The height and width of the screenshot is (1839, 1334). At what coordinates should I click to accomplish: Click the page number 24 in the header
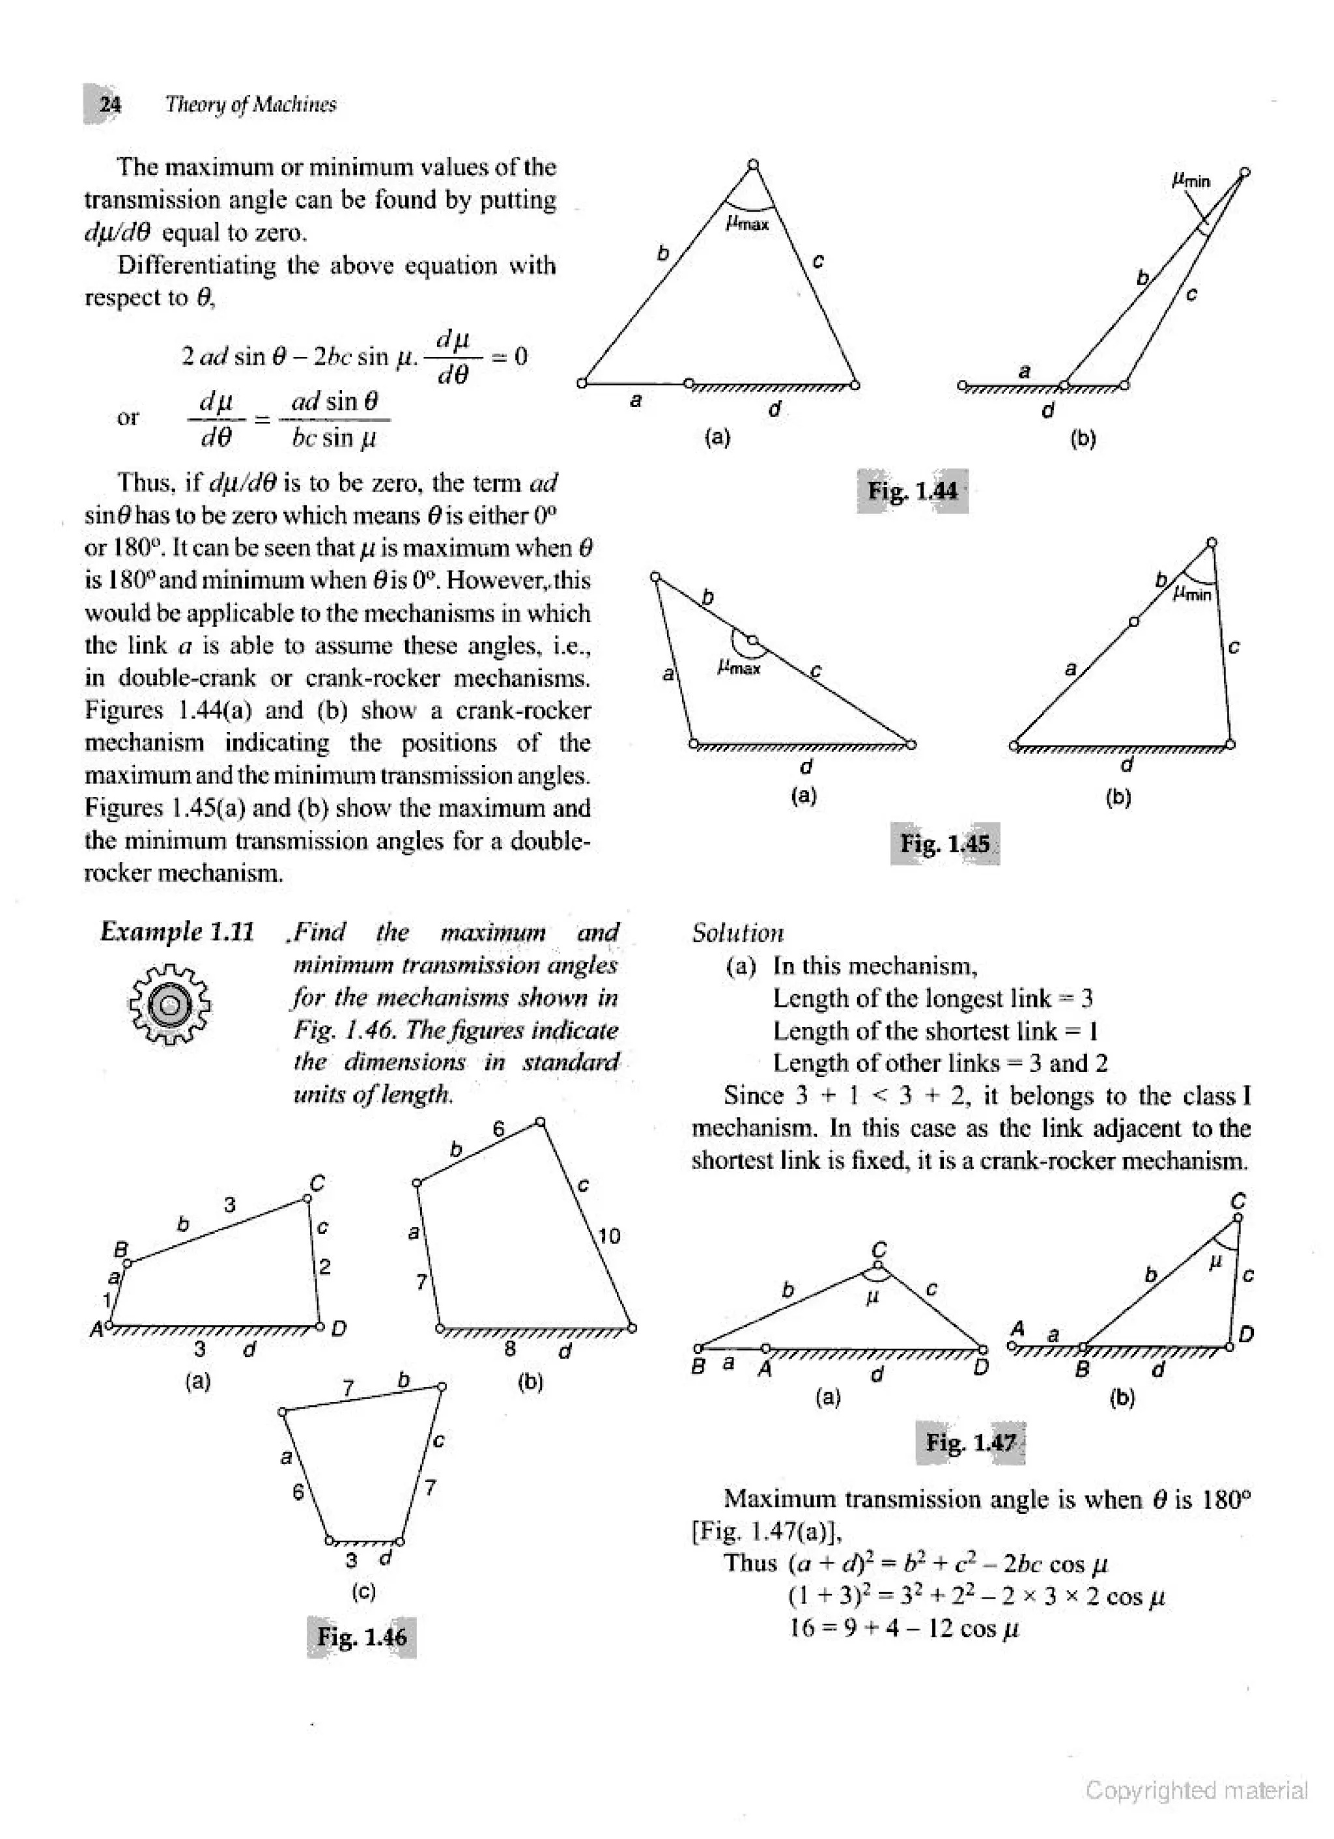[x=109, y=105]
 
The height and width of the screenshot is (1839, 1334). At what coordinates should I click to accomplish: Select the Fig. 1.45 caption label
[x=944, y=843]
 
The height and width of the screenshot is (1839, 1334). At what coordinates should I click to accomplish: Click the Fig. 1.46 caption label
[x=362, y=1636]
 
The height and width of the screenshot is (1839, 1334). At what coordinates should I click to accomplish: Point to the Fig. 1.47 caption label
[x=971, y=1442]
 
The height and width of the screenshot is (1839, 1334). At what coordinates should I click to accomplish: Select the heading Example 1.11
[x=177, y=932]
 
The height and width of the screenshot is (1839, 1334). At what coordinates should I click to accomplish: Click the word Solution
[x=737, y=933]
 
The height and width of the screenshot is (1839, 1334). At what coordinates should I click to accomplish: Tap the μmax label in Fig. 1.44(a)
[x=747, y=223]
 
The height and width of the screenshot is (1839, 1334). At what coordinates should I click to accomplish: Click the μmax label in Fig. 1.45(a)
[x=739, y=668]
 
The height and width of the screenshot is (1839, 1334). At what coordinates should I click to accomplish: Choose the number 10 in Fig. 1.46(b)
[x=608, y=1236]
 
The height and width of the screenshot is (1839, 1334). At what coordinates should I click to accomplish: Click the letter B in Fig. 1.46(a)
[x=121, y=1250]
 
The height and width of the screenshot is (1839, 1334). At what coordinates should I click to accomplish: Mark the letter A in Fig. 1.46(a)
[x=96, y=1330]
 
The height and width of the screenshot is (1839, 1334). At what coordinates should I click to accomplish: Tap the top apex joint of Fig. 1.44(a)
[x=754, y=165]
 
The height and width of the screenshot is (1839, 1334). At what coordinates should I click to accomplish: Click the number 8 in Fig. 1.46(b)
[x=510, y=1349]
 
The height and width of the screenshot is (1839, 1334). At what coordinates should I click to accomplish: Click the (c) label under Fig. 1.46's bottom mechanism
[x=363, y=1591]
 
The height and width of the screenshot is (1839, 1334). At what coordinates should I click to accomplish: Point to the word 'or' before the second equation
[x=128, y=417]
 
